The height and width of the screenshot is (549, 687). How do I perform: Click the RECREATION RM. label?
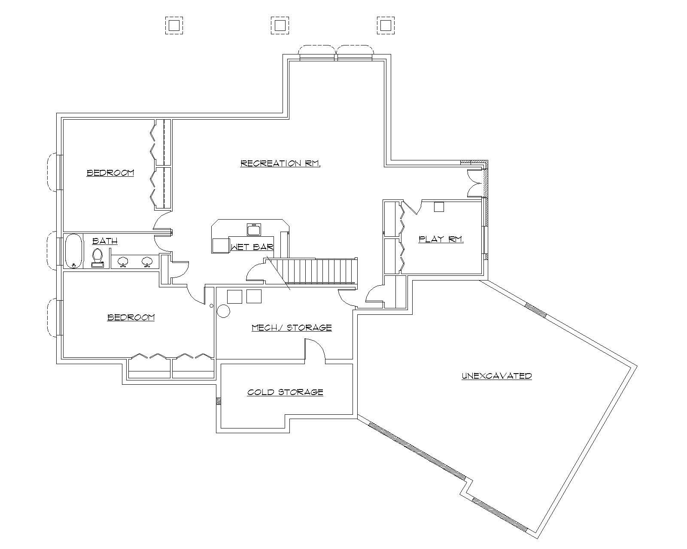pyautogui.click(x=280, y=163)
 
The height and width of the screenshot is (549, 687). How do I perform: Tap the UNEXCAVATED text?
pyautogui.click(x=497, y=376)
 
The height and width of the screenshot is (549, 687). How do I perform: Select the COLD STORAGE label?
pyautogui.click(x=285, y=392)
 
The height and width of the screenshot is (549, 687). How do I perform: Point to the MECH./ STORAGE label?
pyautogui.click(x=292, y=328)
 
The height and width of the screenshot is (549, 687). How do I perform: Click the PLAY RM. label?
pyautogui.click(x=441, y=239)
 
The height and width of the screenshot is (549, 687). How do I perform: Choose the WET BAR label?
pyautogui.click(x=252, y=247)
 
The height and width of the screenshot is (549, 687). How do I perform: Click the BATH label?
pyautogui.click(x=105, y=241)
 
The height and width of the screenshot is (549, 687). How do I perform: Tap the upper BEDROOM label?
pyautogui.click(x=110, y=173)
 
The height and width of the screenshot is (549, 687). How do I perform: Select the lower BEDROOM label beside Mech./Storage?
pyautogui.click(x=131, y=317)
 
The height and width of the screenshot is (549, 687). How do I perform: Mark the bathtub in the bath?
pyautogui.click(x=73, y=251)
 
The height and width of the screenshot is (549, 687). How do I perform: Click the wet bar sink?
pyautogui.click(x=254, y=229)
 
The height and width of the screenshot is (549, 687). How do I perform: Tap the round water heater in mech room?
pyautogui.click(x=224, y=311)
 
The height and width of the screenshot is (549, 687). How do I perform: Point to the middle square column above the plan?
pyautogui.click(x=280, y=25)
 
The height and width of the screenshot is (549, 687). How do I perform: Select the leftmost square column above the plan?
pyautogui.click(x=174, y=25)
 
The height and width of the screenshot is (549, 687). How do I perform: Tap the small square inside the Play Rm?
pyautogui.click(x=439, y=207)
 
